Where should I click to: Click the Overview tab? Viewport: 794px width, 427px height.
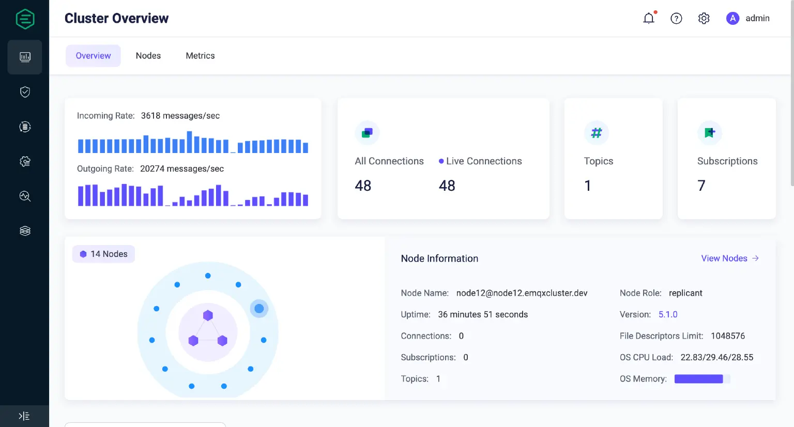pyautogui.click(x=93, y=56)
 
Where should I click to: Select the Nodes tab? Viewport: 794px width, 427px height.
pyautogui.click(x=148, y=56)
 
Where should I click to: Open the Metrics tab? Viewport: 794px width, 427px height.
pyautogui.click(x=200, y=56)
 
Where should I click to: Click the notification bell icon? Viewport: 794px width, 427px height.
pyautogui.click(x=649, y=19)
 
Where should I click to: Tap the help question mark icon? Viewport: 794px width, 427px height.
pyautogui.click(x=676, y=19)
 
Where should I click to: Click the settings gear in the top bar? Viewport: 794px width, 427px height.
pyautogui.click(x=704, y=19)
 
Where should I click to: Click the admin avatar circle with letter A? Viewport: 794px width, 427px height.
pyautogui.click(x=732, y=19)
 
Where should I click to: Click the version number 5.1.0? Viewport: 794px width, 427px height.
pyautogui.click(x=668, y=314)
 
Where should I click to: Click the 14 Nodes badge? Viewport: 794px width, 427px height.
pyautogui.click(x=104, y=254)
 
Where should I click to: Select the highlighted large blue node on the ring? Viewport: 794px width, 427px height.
pyautogui.click(x=259, y=309)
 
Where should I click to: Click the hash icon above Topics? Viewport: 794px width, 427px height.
pyautogui.click(x=596, y=133)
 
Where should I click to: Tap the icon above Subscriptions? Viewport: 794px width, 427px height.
pyautogui.click(x=709, y=133)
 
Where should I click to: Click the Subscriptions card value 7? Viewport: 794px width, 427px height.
pyautogui.click(x=701, y=186)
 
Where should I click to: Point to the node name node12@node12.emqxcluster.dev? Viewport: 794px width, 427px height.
pyautogui.click(x=522, y=293)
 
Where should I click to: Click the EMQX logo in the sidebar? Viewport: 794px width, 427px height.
pyautogui.click(x=25, y=19)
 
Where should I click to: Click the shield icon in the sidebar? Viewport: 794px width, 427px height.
pyautogui.click(x=25, y=92)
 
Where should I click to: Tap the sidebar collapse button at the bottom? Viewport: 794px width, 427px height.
pyautogui.click(x=24, y=416)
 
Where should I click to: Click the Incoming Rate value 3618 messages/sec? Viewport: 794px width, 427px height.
pyautogui.click(x=180, y=116)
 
